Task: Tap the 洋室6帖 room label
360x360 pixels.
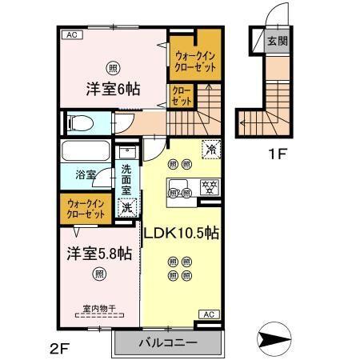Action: coord(114,89)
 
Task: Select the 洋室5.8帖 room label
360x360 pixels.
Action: coord(98,254)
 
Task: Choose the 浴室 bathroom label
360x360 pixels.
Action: coord(86,173)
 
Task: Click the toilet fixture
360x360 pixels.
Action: coord(82,123)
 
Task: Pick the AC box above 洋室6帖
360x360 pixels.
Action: coord(71,34)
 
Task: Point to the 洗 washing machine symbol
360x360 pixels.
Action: coord(126,208)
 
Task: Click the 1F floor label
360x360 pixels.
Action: coord(277,153)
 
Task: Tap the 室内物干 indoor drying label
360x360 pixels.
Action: coord(98,309)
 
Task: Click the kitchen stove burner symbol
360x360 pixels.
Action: coord(210,189)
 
